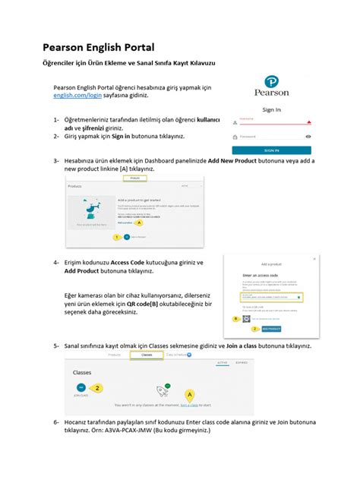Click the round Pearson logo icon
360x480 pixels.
point(271,83)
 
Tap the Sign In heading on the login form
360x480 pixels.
point(271,109)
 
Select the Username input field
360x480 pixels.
point(270,121)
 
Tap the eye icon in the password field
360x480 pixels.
point(308,137)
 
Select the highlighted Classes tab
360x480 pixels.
point(147,355)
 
